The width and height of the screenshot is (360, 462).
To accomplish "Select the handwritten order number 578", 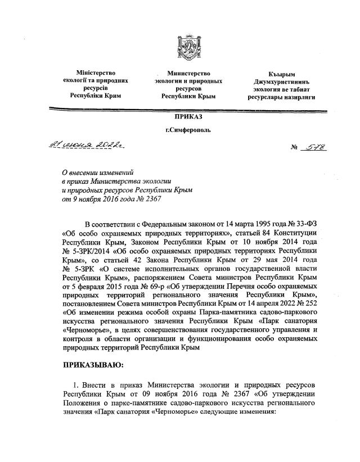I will pyautogui.click(x=317, y=147).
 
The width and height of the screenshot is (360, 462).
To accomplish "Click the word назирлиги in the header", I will pyautogui.click(x=299, y=97).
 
